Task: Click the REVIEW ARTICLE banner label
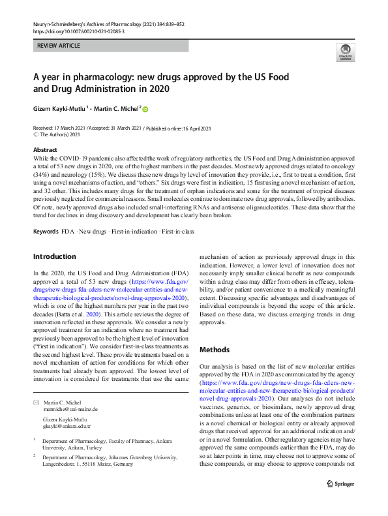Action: pyautogui.click(x=59, y=46)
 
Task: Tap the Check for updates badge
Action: pyautogui.click(x=345, y=53)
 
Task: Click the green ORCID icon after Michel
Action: pyautogui.click(x=145, y=109)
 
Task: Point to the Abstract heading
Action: pyautogui.click(x=46, y=149)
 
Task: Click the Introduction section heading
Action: pyautogui.click(x=55, y=256)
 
